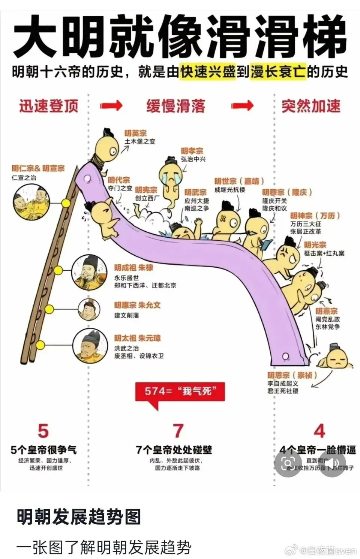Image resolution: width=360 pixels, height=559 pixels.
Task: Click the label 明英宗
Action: (135, 133)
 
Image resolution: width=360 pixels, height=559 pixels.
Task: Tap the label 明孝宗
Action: (192, 151)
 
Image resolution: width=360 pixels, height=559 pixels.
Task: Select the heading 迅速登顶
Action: (49, 106)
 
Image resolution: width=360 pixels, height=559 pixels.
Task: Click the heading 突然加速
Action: (311, 106)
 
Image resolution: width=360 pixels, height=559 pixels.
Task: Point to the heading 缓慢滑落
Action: (175, 106)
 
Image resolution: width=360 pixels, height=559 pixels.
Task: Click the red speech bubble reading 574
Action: (180, 392)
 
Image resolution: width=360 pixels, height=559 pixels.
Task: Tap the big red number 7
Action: (178, 431)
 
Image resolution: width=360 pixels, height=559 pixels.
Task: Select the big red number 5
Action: (43, 431)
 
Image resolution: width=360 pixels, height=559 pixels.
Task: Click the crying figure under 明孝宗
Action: (171, 176)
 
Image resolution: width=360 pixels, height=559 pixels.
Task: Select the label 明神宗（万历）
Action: (315, 216)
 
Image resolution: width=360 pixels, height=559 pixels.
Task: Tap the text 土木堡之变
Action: (140, 142)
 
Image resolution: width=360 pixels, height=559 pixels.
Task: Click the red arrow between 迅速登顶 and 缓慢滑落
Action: (111, 106)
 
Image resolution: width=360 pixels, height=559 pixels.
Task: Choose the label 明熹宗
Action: (326, 311)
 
